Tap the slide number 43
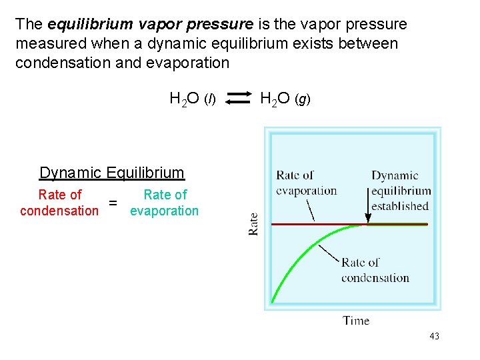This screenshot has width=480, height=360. [434, 336]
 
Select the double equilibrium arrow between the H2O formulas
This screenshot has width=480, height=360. [238, 99]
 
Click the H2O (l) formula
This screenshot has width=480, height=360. [193, 100]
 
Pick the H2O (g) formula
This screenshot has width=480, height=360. [285, 99]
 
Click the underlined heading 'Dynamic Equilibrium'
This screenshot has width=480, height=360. [111, 173]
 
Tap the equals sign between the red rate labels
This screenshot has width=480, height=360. [113, 203]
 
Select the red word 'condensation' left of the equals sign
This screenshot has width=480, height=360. [59, 211]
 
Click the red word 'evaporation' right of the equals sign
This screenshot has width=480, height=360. [164, 211]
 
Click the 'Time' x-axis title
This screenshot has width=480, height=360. [356, 321]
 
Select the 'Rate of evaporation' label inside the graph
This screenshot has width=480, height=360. [306, 183]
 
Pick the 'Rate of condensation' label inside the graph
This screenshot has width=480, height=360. [375, 270]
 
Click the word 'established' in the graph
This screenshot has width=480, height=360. [400, 206]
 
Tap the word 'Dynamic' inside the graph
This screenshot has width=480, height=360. [395, 176]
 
